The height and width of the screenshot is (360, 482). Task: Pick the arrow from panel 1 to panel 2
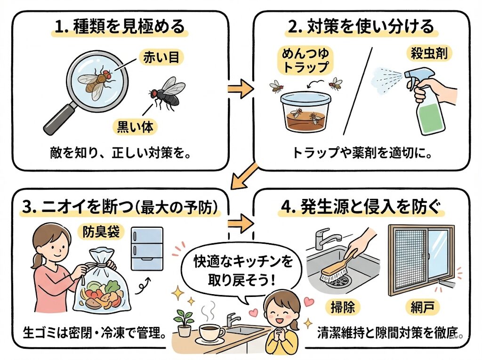pos(240,88)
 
